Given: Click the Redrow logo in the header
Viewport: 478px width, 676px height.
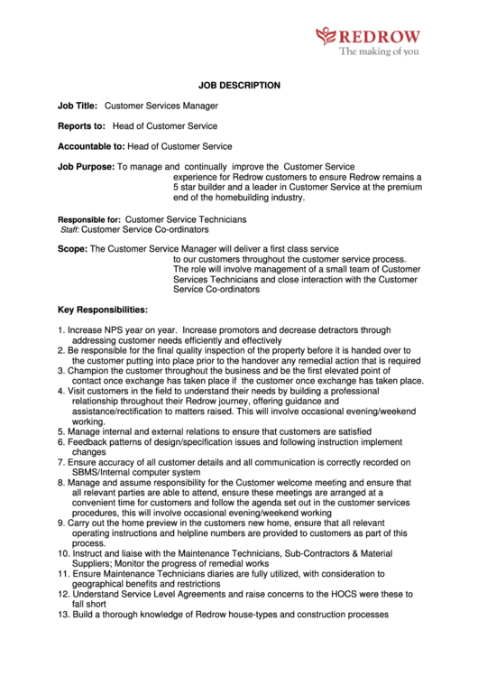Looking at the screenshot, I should pyautogui.click(x=368, y=37).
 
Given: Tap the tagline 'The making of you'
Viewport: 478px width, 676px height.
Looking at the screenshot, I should pyautogui.click(x=379, y=52).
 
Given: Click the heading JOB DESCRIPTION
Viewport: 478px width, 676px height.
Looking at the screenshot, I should pyautogui.click(x=239, y=86).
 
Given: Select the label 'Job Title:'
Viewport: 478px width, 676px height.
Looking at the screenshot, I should pyautogui.click(x=78, y=106).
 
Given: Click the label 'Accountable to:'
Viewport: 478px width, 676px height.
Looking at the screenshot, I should pyautogui.click(x=91, y=146).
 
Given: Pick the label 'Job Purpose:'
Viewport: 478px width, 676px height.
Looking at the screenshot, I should pyautogui.click(x=86, y=167).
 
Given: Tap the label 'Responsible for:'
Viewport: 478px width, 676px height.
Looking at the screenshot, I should pyautogui.click(x=89, y=219).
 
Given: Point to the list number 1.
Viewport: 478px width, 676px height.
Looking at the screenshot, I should pyautogui.click(x=60, y=331).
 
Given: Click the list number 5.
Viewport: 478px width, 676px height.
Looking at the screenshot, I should pyautogui.click(x=60, y=432).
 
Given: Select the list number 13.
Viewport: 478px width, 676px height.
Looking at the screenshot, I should pyautogui.click(x=63, y=615).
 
